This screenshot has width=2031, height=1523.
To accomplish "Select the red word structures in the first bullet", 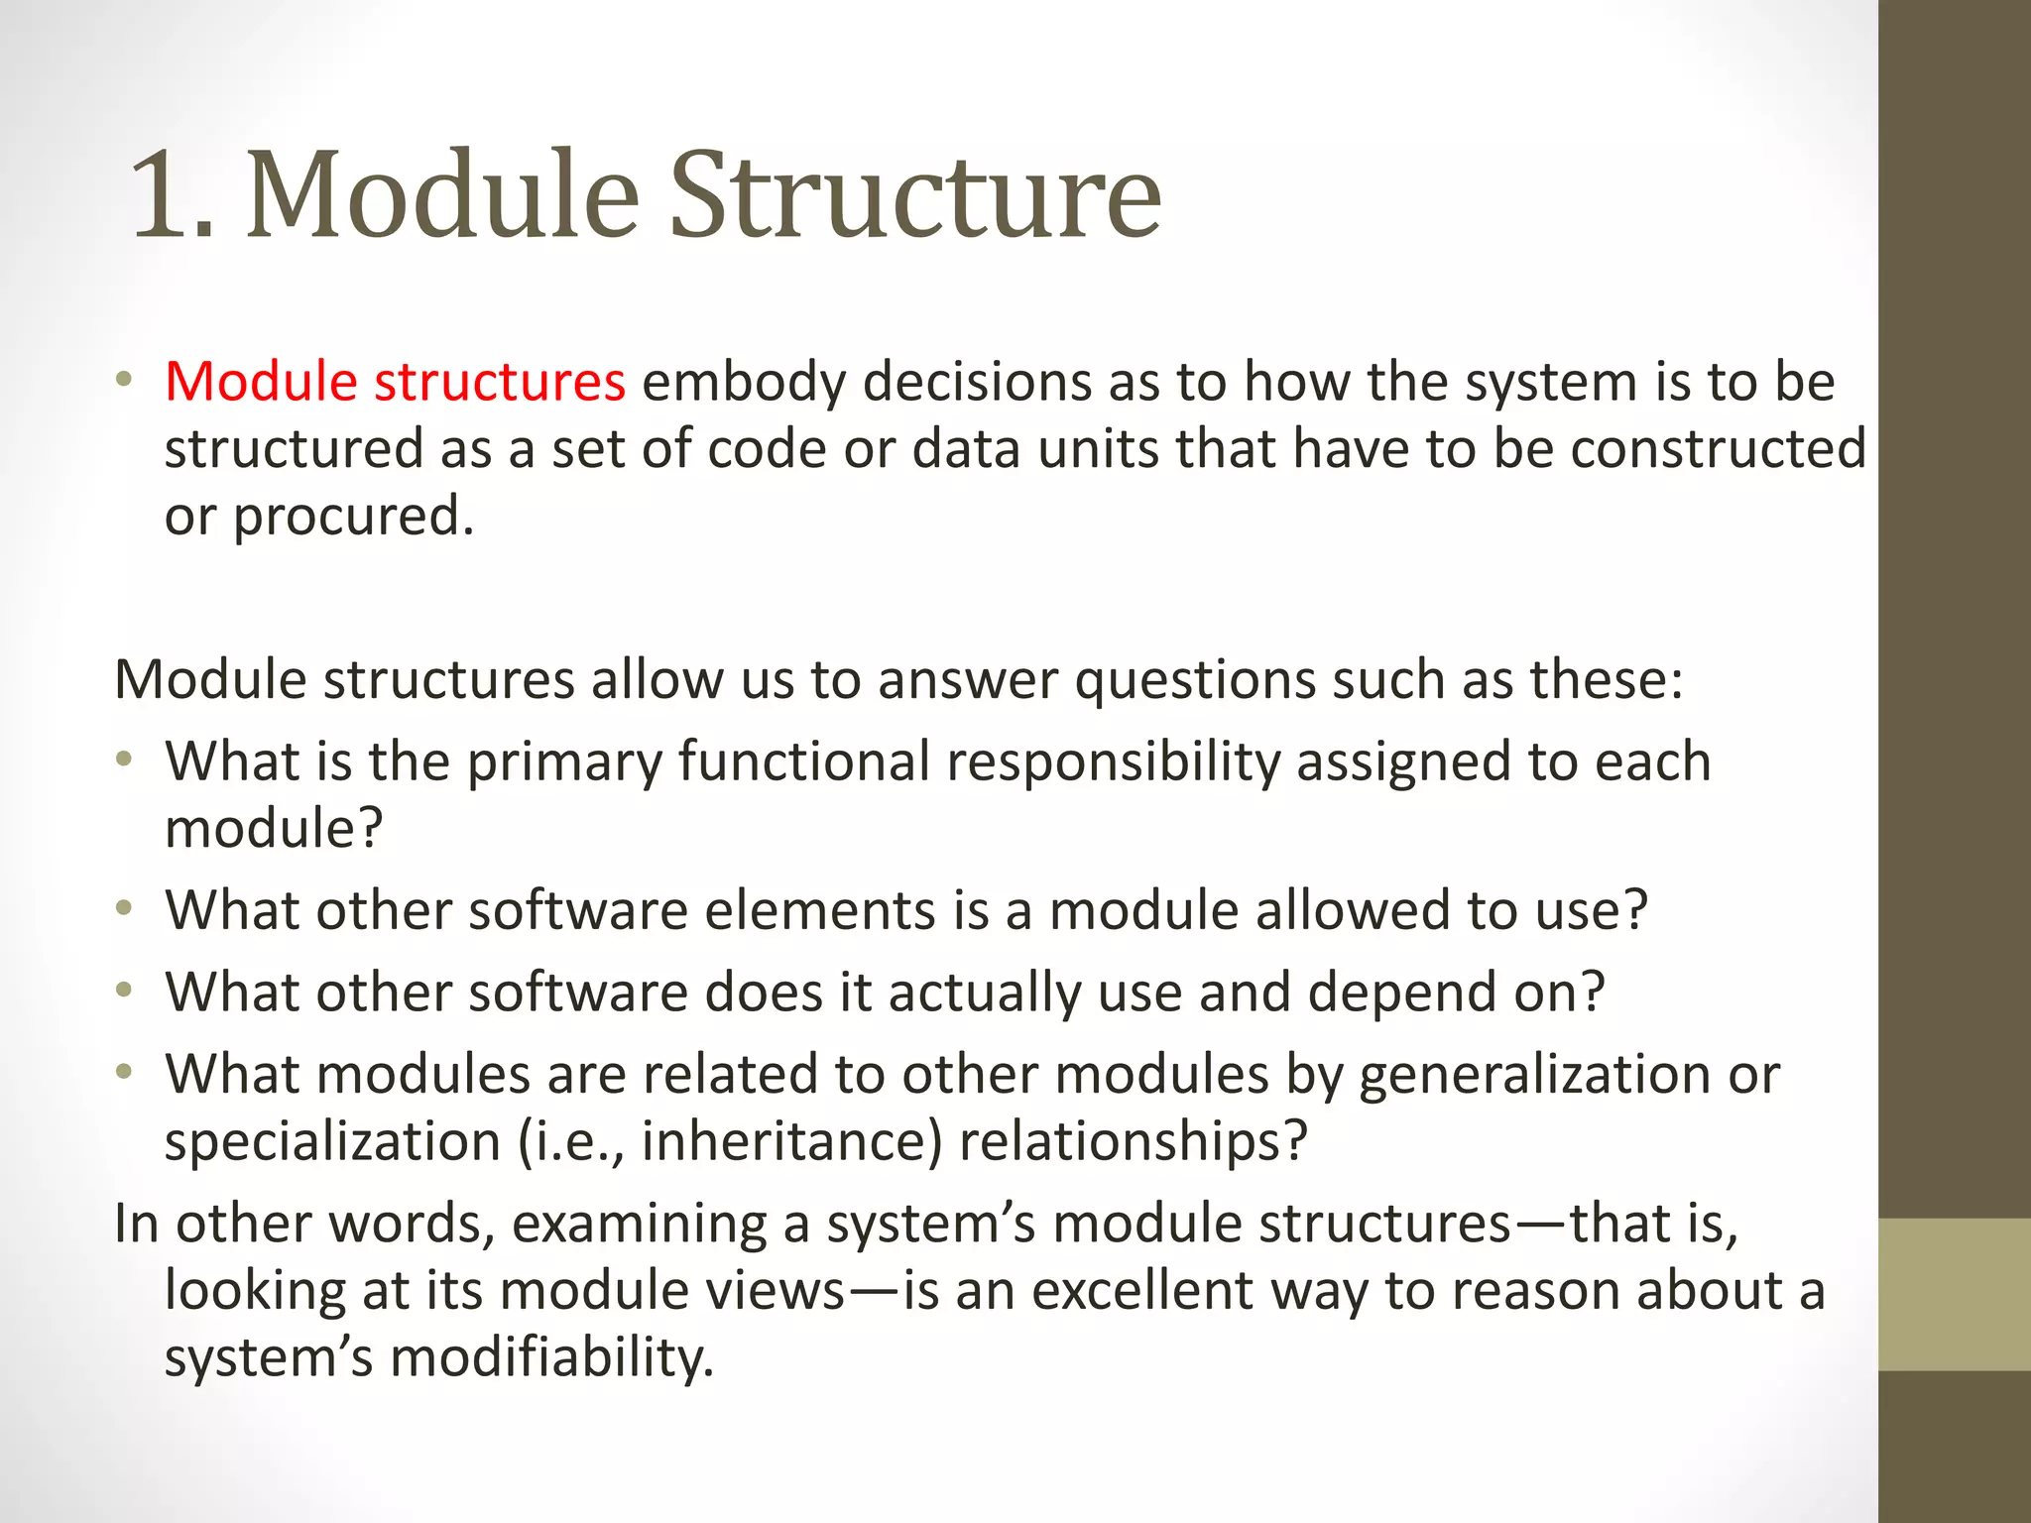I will [499, 382].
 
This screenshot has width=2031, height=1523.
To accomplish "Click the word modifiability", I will [551, 1357].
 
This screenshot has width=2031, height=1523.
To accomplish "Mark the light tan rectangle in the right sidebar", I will [1954, 1294].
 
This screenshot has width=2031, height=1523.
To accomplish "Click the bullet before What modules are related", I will [123, 1072].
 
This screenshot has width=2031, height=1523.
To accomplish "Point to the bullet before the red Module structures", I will [123, 380].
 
